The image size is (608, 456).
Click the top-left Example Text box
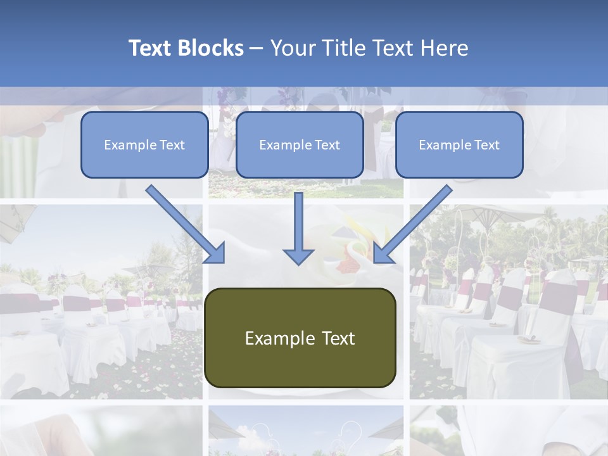(144, 145)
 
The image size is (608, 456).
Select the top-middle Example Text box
(300, 145)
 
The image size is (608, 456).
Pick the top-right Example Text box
(459, 145)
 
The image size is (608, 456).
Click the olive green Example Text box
(300, 338)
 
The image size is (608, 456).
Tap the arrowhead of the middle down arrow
(298, 255)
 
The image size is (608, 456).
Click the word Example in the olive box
(274, 338)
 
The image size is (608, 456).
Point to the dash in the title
(256, 48)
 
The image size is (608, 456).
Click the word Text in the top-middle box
(327, 145)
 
